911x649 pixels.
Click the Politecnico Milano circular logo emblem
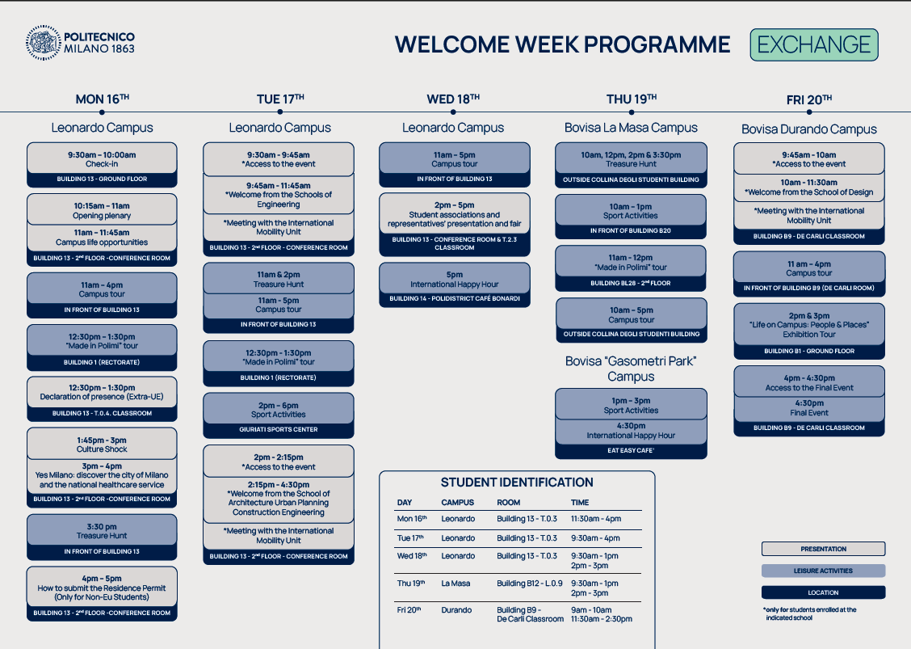point(43,43)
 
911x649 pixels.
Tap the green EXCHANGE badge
point(814,44)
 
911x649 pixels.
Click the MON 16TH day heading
point(103,99)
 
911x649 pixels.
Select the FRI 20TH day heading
point(808,99)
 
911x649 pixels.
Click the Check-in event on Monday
point(102,159)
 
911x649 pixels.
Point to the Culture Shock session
point(102,445)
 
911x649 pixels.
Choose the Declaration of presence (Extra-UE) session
point(102,392)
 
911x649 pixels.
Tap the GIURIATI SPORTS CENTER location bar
point(279,430)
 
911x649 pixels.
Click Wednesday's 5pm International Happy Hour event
point(455,279)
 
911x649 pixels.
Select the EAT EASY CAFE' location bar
point(631,451)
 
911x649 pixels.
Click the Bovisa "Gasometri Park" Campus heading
point(631,369)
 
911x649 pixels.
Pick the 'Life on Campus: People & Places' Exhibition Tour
point(808,325)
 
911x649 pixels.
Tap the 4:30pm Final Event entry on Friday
point(808,407)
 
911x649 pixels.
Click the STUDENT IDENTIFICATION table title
point(517,482)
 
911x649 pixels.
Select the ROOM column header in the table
point(508,503)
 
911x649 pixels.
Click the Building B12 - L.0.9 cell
point(529,584)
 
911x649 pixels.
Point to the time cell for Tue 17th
point(595,538)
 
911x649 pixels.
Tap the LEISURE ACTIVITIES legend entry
point(823,571)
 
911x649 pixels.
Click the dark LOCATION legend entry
point(823,592)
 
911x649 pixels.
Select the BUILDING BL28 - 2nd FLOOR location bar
point(631,283)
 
